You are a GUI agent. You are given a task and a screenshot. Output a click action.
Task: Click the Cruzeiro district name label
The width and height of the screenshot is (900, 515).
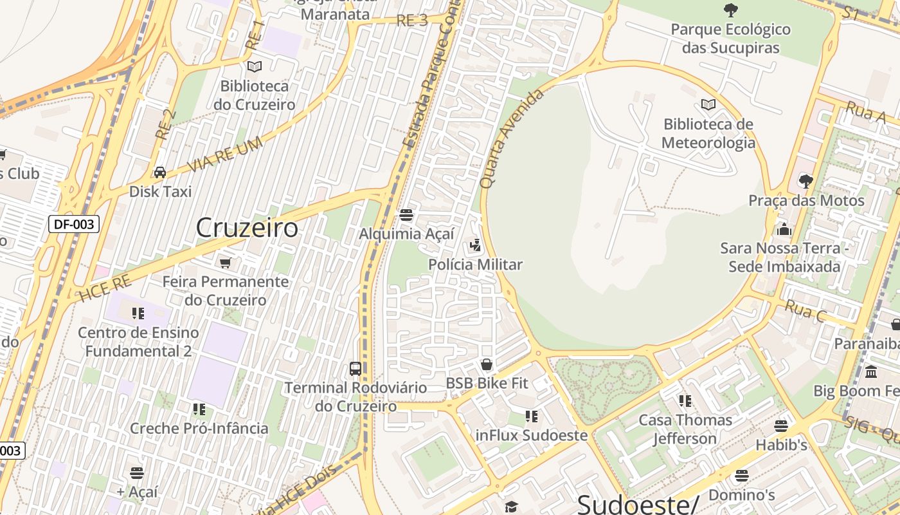247,228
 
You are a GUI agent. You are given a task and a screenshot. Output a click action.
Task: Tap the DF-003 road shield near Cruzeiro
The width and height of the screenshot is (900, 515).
74,224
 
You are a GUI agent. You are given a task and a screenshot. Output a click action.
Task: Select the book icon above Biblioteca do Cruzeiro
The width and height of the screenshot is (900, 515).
255,67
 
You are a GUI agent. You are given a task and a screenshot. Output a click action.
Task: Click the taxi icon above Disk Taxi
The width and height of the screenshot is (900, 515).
160,173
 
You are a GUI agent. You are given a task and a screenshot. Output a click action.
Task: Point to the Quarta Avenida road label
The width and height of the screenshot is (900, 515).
512,138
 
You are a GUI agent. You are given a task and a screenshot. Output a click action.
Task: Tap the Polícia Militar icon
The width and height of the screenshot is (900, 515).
475,245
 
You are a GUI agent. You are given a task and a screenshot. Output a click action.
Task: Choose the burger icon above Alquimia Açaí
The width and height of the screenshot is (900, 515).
406,214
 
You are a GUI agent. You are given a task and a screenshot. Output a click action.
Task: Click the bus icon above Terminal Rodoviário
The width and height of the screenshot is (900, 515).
355,369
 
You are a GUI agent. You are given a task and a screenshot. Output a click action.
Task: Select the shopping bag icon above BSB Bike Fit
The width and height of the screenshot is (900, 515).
487,364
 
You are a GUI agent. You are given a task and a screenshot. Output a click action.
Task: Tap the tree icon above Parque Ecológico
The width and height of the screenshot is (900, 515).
730,10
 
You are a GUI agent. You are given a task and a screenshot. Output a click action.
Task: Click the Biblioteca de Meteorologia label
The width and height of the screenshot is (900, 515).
708,133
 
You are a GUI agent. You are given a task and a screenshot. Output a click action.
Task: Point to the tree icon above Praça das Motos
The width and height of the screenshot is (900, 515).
806,182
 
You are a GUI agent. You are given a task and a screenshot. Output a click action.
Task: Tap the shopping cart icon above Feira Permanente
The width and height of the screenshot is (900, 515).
225,263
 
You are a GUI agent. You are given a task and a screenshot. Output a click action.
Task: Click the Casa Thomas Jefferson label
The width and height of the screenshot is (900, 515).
685,429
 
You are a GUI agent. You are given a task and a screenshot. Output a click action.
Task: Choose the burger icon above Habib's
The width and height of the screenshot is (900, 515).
781,426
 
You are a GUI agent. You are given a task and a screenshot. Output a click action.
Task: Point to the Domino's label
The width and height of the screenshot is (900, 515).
741,495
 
